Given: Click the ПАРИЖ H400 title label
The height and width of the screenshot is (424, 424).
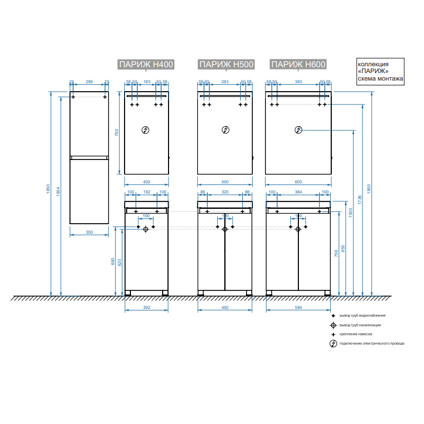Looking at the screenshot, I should click(x=146, y=65).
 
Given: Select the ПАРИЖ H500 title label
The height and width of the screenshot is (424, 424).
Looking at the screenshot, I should click(x=226, y=65).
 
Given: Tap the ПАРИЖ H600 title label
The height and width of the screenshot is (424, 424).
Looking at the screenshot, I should click(x=298, y=65).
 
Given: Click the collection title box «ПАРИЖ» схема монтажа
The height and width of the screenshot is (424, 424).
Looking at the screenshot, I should click(x=379, y=70).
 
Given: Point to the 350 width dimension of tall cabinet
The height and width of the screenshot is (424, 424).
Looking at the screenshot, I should click(x=89, y=232).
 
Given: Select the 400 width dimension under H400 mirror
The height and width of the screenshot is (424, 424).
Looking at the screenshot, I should click(x=146, y=182).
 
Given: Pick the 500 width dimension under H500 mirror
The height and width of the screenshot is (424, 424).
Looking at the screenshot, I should click(x=225, y=182).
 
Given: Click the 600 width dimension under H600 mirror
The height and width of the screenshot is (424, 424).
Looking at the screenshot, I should click(x=298, y=182).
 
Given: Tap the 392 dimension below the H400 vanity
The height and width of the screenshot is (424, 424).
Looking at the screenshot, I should click(x=146, y=308).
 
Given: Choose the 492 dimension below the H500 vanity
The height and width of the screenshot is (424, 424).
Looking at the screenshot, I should click(x=225, y=308).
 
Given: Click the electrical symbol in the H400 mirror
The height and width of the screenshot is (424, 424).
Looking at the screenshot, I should click(x=146, y=130).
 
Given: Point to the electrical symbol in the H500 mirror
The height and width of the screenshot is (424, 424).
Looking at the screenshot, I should click(x=225, y=130).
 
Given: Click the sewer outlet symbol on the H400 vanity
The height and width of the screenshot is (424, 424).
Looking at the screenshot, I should click(x=146, y=229).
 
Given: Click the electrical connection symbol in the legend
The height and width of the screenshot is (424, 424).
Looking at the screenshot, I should click(x=333, y=344).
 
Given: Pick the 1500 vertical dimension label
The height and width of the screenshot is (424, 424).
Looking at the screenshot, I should click(x=350, y=213).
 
